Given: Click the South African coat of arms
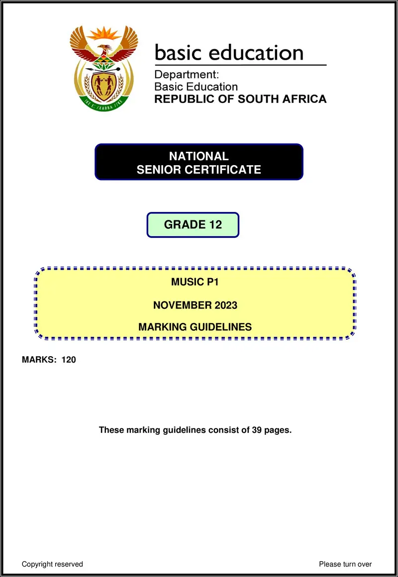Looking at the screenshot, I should pyautogui.click(x=103, y=69).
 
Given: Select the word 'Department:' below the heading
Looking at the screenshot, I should pyautogui.click(x=187, y=75).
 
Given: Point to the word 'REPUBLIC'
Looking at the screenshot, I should pyautogui.click(x=181, y=99).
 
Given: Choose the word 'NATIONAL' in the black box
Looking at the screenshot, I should pyautogui.click(x=199, y=156).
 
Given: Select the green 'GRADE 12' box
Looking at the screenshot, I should pyautogui.click(x=193, y=225).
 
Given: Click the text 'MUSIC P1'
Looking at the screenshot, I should pyautogui.click(x=195, y=282).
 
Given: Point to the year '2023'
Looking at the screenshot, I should pyautogui.click(x=226, y=305).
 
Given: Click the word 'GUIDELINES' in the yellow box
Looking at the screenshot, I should pyautogui.click(x=222, y=327).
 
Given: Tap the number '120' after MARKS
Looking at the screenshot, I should pyautogui.click(x=69, y=360).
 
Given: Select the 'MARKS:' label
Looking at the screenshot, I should pyautogui.click(x=39, y=360).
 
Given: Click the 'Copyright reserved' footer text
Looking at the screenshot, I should pyautogui.click(x=52, y=564).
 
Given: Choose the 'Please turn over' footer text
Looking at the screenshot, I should pyautogui.click(x=345, y=564).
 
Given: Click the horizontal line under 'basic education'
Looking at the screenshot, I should pyautogui.click(x=240, y=65).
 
